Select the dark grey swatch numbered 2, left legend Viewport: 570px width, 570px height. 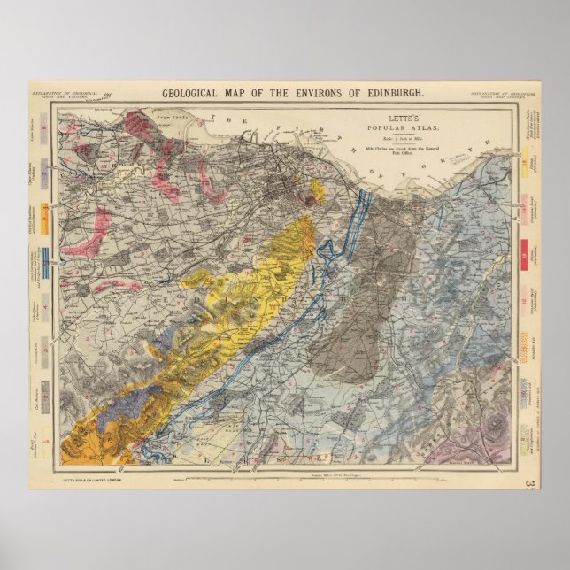pos(46,392)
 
